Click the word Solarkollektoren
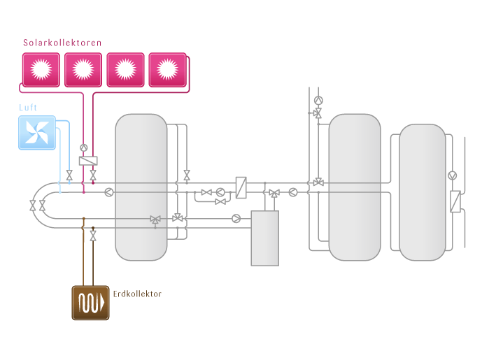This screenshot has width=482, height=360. [x=62, y=43]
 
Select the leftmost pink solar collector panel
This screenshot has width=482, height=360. [x=41, y=69]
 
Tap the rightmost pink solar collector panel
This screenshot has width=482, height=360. [x=167, y=69]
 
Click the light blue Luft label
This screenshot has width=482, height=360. [x=29, y=108]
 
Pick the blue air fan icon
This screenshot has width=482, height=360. [x=36, y=133]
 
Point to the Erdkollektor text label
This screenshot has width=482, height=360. [x=137, y=294]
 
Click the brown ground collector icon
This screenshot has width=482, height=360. [x=90, y=303]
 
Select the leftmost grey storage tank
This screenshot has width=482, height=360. [x=141, y=187]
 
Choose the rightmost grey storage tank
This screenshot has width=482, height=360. [x=422, y=192]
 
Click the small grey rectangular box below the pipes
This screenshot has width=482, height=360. [x=265, y=238]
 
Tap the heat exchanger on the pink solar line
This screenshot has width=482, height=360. [x=88, y=161]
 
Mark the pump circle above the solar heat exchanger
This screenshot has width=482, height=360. [x=84, y=147]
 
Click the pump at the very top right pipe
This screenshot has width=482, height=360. [x=318, y=100]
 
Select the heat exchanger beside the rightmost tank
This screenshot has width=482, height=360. [x=455, y=201]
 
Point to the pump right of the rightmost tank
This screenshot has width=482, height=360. [x=453, y=175]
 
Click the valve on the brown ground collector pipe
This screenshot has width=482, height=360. [x=93, y=236]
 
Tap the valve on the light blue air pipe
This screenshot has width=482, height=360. [x=69, y=174]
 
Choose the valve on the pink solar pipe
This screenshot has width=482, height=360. [x=93, y=175]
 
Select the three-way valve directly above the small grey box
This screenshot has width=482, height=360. [x=274, y=192]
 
